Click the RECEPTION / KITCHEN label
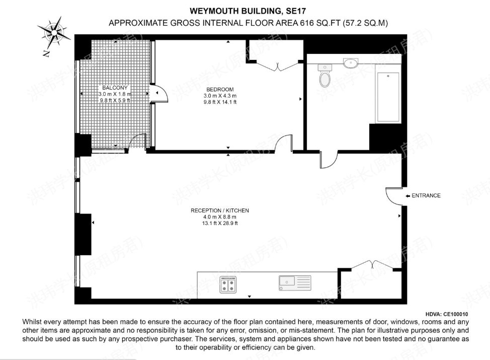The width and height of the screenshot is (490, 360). pos(220,210)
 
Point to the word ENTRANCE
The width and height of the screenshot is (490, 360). pos(426,196)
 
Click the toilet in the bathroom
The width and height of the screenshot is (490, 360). pos(324,77)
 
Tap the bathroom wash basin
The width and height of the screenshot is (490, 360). pos(351,63)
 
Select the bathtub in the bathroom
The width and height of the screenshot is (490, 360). pos(388,97)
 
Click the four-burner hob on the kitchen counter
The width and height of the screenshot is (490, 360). pos(228,285)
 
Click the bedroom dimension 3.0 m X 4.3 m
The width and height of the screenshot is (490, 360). pos(220,96)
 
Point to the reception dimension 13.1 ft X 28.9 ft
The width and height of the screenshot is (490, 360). pos(220,223)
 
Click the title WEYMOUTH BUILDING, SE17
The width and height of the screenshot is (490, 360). pos(247,10)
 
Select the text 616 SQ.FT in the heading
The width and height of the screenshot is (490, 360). pos(321,23)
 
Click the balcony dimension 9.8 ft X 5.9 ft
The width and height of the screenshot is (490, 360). pos(115,100)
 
